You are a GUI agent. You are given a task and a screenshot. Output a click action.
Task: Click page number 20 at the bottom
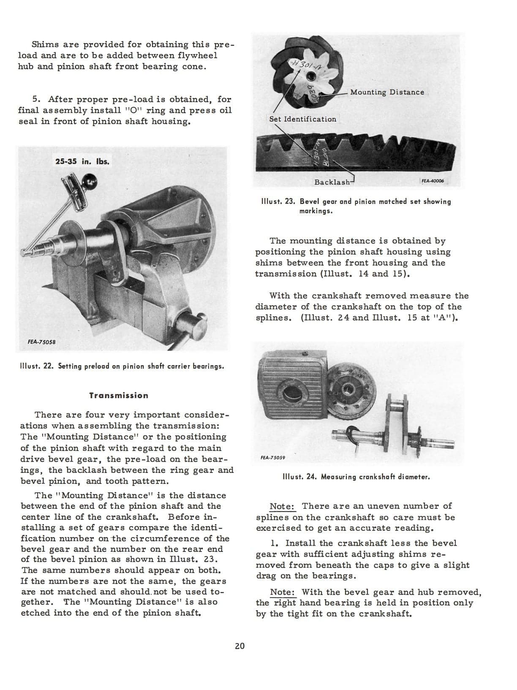pyautogui.click(x=239, y=646)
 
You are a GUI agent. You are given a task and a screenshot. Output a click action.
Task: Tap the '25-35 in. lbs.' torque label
pyautogui.click(x=82, y=161)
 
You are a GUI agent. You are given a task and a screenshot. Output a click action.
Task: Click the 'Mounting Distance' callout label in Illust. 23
pyautogui.click(x=387, y=92)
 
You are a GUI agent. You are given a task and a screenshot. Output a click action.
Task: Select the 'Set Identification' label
pyautogui.click(x=303, y=119)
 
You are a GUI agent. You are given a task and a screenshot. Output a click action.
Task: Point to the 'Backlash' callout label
pyautogui.click(x=332, y=182)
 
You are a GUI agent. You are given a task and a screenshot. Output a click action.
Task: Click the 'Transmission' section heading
pyautogui.click(x=119, y=396)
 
